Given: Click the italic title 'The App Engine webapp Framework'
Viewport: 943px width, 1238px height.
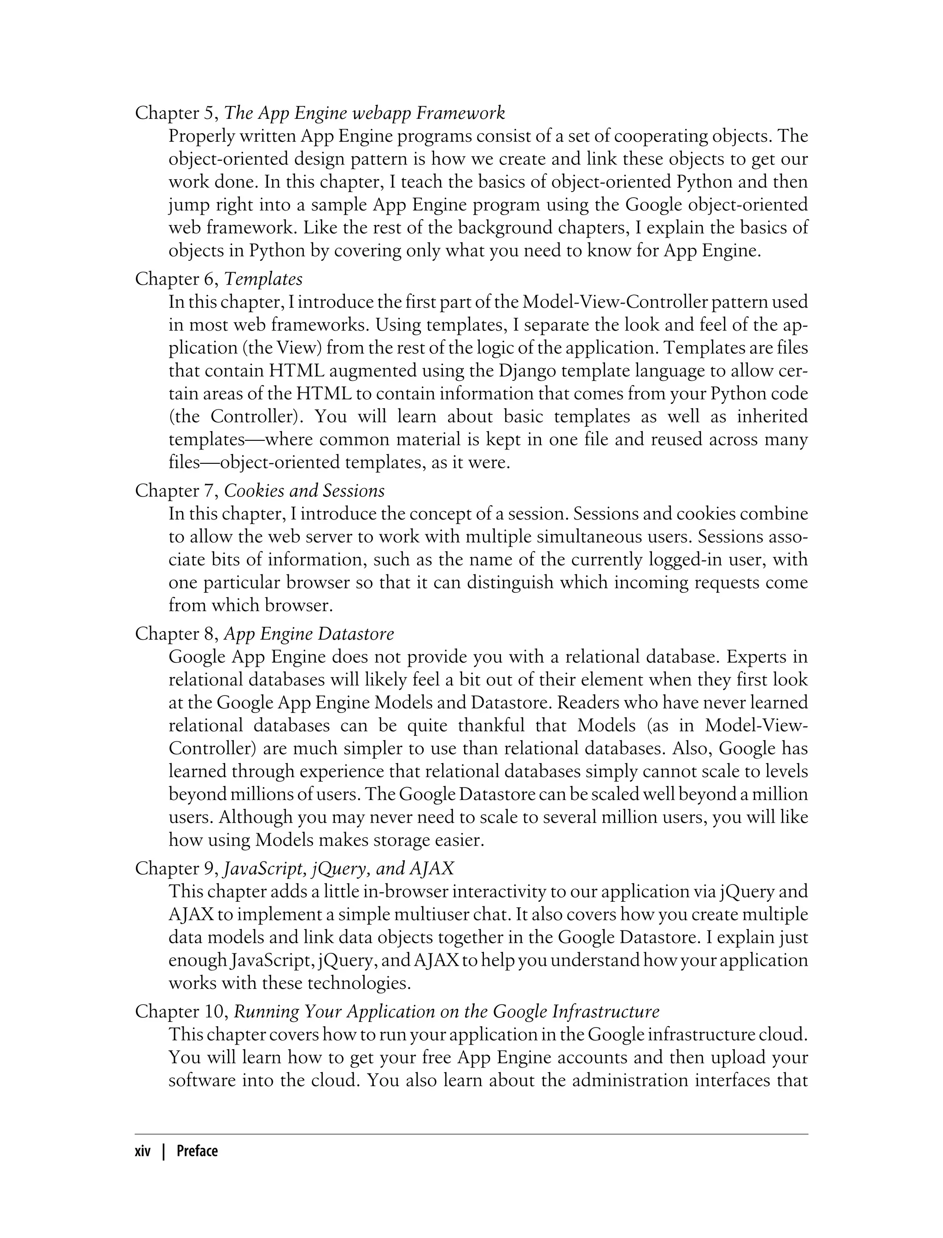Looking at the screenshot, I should pos(364,113).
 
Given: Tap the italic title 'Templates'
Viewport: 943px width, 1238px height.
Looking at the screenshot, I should pos(263,279).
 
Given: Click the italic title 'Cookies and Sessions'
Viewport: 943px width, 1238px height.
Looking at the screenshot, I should pos(304,491).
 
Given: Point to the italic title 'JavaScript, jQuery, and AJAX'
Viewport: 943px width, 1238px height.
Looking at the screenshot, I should pos(338,869).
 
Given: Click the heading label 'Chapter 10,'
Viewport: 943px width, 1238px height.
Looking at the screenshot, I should pos(181,1012).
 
